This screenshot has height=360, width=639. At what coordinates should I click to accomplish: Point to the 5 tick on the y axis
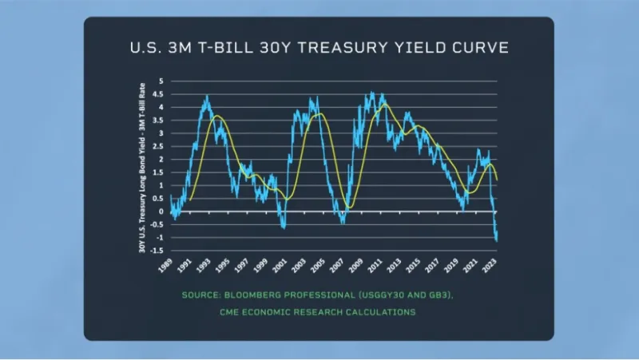[x=161, y=81]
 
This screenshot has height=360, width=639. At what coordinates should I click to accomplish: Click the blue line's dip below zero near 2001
[x=283, y=227]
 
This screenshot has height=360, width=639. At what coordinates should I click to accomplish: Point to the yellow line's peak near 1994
[x=216, y=117]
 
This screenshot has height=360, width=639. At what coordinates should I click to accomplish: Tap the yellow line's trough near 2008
[x=349, y=208]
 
